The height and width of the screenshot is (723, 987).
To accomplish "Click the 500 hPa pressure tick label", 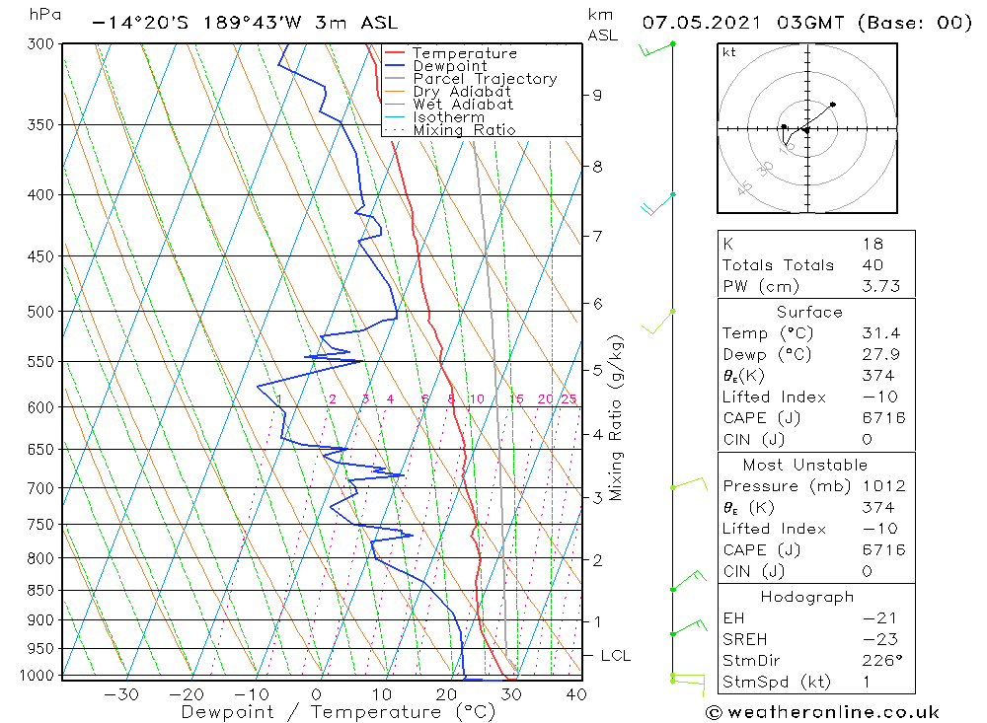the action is (x=40, y=312).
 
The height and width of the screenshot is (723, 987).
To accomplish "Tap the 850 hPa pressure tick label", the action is (x=40, y=590).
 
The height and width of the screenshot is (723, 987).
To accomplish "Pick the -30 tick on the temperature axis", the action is (x=120, y=694).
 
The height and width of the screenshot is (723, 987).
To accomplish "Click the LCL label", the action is (x=616, y=656).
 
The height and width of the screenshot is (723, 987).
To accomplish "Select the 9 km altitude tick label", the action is (x=597, y=95).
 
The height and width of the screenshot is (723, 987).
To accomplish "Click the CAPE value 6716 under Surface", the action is (x=883, y=418).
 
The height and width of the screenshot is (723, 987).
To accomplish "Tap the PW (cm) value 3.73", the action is (x=881, y=286).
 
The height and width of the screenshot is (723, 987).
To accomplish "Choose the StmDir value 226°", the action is (x=882, y=661).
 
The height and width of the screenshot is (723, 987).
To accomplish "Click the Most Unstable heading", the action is (x=805, y=465).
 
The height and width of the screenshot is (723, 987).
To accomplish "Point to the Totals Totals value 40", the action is (x=873, y=265).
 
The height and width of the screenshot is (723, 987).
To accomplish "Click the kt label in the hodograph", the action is (x=729, y=52).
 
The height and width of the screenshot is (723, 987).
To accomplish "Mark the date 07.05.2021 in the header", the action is (x=701, y=23).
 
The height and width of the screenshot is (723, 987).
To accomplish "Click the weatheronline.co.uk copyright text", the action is (x=823, y=712).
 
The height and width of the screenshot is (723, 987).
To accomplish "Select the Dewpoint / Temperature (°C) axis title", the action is (x=338, y=712).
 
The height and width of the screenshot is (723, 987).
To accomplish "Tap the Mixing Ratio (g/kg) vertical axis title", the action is (x=615, y=418).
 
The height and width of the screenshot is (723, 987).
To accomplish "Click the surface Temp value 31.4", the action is (x=881, y=333).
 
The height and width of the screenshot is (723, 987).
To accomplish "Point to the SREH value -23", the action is (x=880, y=639).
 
